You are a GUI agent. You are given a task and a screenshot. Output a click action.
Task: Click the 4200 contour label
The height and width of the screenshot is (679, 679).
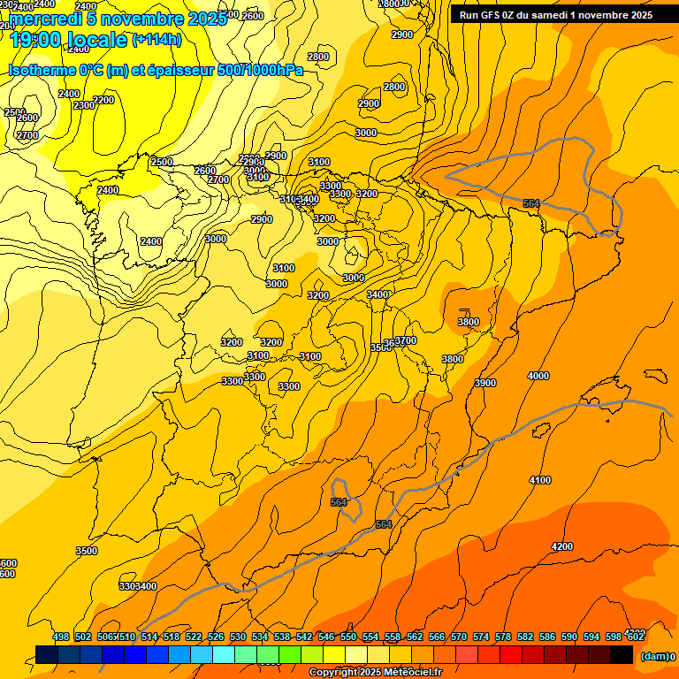pos(561,546)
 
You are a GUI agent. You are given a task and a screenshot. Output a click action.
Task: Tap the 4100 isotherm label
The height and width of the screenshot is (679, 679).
pos(539,480)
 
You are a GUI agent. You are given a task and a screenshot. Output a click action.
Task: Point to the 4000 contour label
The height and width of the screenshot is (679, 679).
pos(538,376)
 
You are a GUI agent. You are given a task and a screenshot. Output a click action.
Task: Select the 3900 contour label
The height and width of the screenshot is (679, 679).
pos(484,383)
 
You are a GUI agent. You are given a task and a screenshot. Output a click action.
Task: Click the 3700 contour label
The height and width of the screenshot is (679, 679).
pos(406,340)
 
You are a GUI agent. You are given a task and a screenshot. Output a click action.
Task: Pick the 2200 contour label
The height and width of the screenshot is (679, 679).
pos(103,100)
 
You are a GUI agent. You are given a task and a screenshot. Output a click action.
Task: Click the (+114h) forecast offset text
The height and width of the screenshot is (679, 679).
pos(158,40)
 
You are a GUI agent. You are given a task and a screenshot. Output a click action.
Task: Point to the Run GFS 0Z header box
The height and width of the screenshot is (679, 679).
pos(556,14)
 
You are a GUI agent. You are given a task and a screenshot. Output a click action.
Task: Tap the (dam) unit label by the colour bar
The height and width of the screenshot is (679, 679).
pos(654,657)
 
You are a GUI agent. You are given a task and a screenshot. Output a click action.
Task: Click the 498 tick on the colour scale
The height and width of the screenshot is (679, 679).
pos(61,637)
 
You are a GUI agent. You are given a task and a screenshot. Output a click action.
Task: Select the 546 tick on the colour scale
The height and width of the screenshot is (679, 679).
pos(326,637)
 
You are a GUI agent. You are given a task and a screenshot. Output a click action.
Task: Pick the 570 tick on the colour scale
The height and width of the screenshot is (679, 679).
pos(459,637)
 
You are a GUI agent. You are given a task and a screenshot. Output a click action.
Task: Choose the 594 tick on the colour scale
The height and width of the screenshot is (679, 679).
pos(591,637)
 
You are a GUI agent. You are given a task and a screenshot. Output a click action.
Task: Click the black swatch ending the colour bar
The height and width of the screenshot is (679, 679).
pos(622,654)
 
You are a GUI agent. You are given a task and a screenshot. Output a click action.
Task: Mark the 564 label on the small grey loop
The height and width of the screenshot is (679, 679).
pos(339,502)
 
